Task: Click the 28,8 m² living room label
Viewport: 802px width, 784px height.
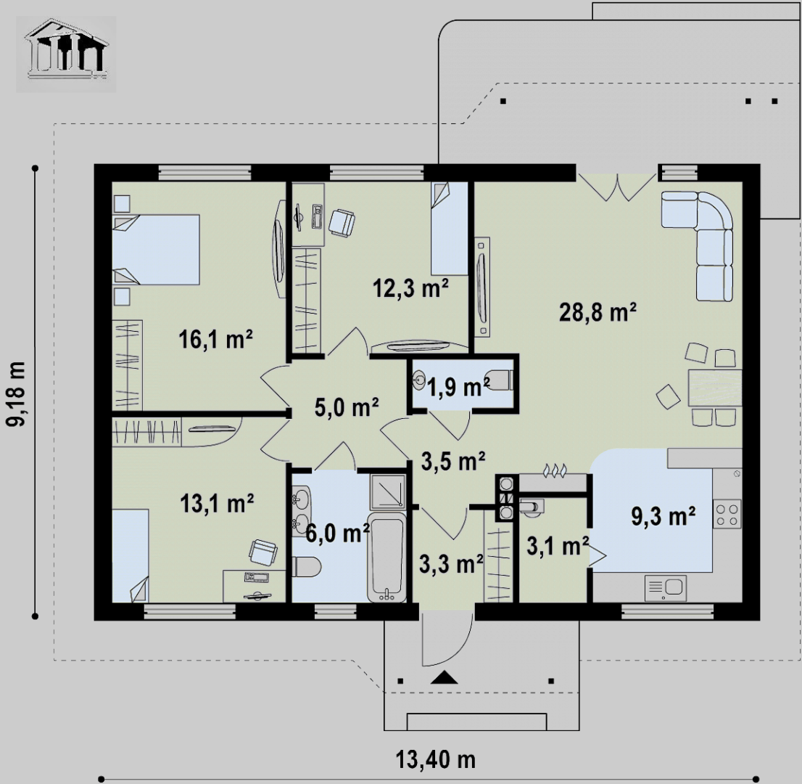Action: coord(598,312)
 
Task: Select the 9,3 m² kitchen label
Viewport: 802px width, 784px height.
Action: coord(663,515)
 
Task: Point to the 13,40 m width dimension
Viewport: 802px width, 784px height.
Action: coord(436,759)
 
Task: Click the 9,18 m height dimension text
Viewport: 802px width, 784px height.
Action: coord(15,393)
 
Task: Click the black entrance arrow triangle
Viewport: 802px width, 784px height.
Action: coord(444,677)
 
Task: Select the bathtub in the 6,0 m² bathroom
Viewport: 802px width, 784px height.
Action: coord(386,557)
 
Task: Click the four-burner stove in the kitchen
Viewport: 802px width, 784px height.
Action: coord(727,514)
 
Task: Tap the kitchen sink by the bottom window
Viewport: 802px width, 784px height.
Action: coord(666,589)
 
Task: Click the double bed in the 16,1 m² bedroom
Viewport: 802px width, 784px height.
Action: coord(155,250)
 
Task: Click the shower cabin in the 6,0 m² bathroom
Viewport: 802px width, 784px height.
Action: coord(388,491)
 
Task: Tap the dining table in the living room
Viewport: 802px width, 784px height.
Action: coord(714,388)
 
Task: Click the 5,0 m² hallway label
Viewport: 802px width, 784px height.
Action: coord(347,408)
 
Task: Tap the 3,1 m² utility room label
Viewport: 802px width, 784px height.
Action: coord(558,547)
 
